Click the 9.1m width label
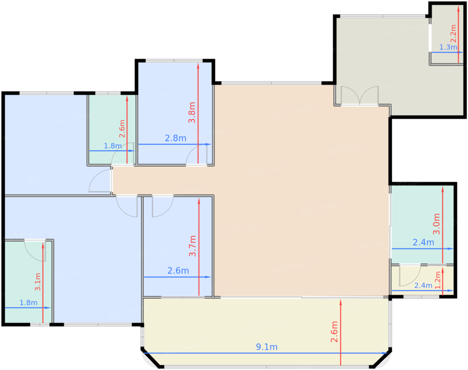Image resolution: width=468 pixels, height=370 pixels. click(267, 347)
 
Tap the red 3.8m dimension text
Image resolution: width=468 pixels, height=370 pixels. click(192, 112)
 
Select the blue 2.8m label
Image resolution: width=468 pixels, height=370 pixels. click(175, 138)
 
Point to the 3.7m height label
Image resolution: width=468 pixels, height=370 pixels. click(193, 246)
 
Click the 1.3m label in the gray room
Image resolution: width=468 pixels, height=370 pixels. click(448, 47)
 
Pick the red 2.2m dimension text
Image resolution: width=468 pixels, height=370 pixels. click(453, 33)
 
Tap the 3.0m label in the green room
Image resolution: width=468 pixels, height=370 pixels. click(437, 224)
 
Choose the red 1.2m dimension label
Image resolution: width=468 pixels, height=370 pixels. click(438, 280)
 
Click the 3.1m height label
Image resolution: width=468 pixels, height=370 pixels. click(38, 282)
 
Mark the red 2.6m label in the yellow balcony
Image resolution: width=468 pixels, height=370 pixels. click(334, 332)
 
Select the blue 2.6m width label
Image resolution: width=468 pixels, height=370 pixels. click(178, 271)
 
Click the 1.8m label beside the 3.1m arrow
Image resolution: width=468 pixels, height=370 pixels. click(28, 303)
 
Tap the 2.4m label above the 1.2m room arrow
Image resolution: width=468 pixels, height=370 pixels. click(423, 286)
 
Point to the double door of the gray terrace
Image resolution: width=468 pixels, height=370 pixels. click(360, 96)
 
